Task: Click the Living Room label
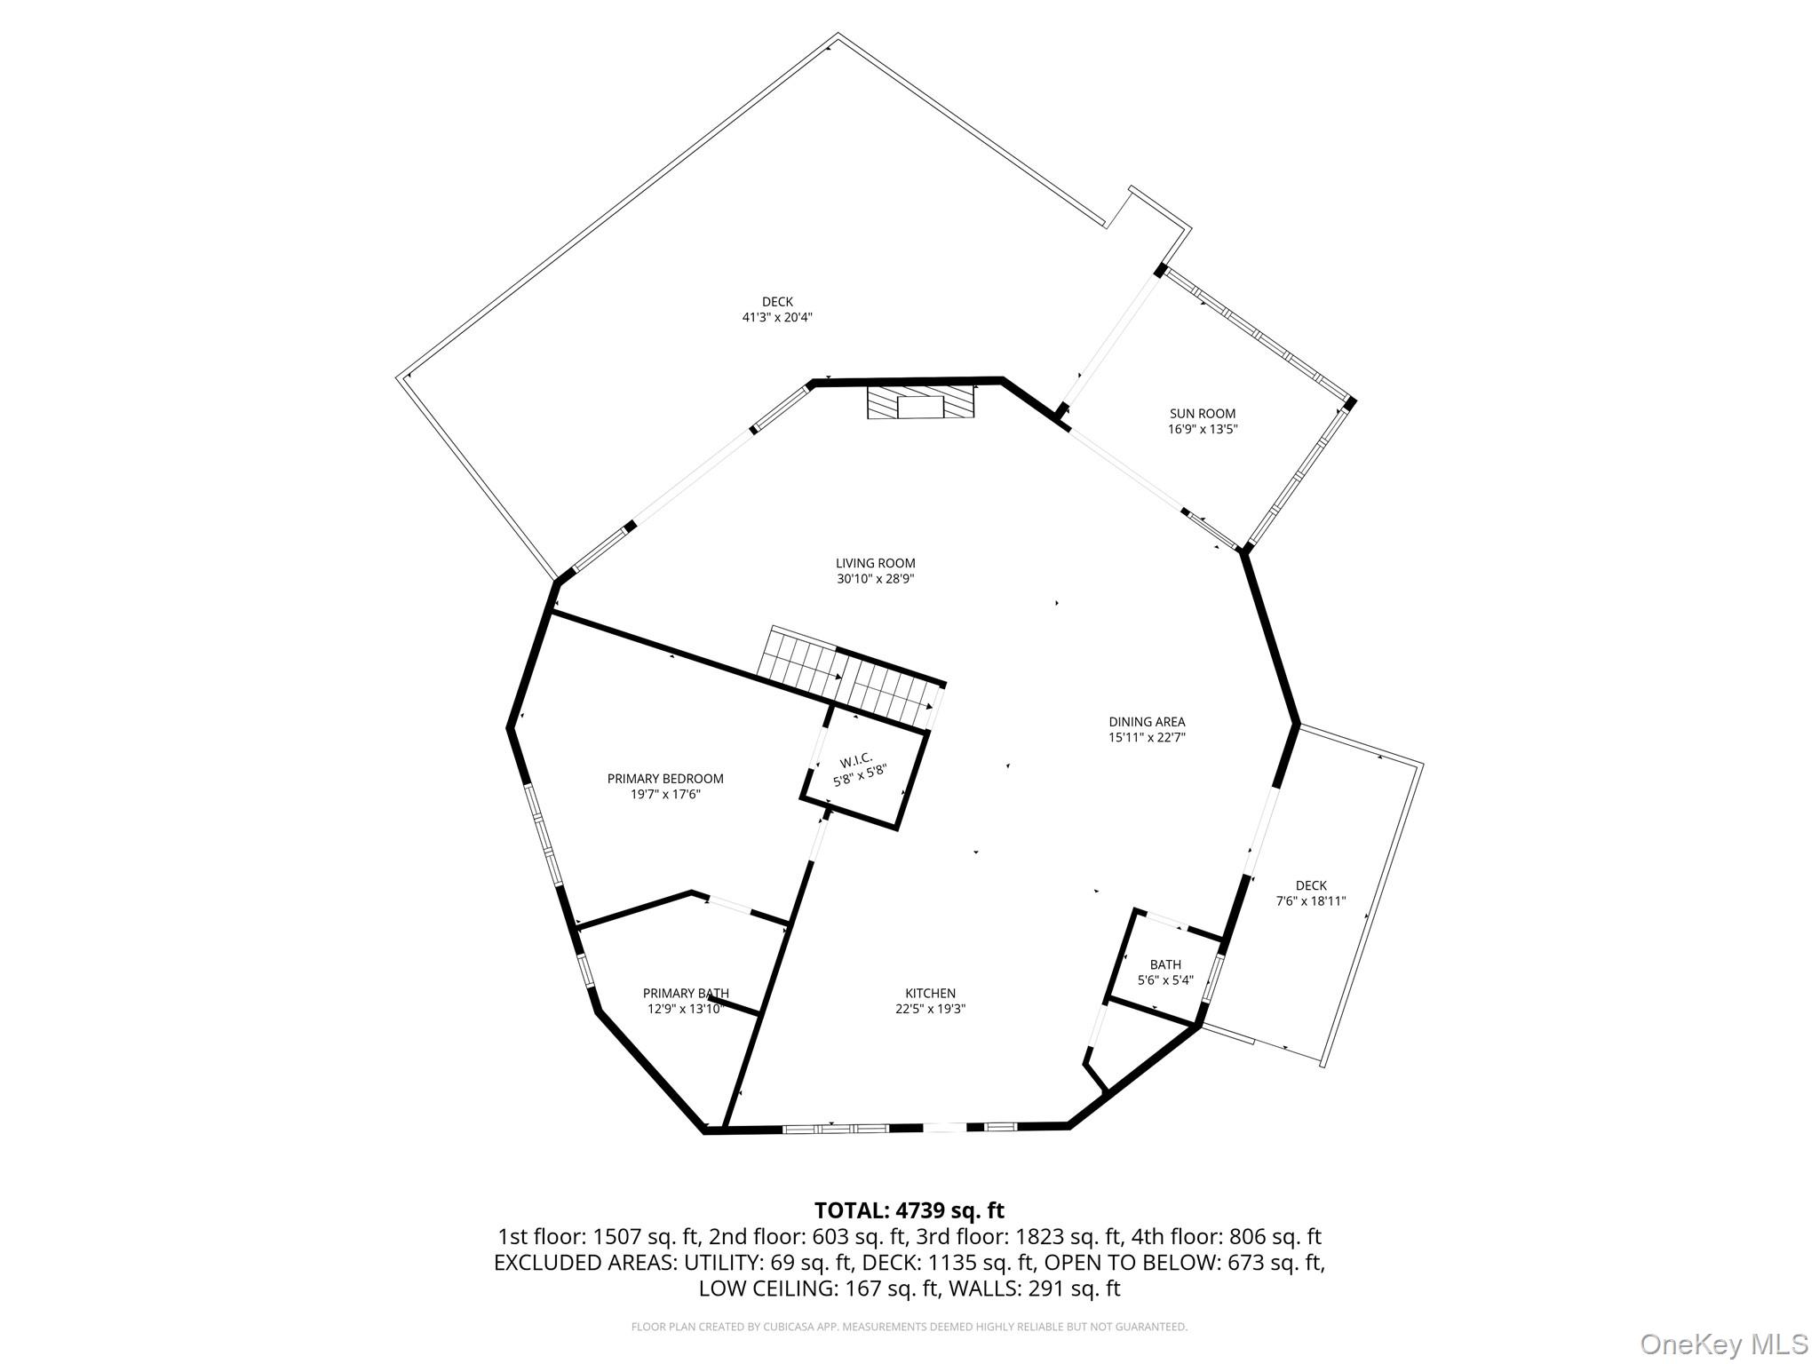coord(875,563)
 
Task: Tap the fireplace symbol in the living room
coord(920,400)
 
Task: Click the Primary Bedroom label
coord(665,779)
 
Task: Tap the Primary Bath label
coord(686,994)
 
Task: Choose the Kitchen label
coord(930,994)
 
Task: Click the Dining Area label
coord(1147,722)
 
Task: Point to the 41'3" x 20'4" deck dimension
coord(777,317)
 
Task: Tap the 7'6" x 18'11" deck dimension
coord(1311,901)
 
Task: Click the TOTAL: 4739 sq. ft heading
coord(909,1210)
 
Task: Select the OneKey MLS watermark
coord(1723,1344)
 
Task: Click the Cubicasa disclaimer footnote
coord(909,1327)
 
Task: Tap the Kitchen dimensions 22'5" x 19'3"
coord(930,1009)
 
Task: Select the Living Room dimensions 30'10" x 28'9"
coord(875,579)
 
